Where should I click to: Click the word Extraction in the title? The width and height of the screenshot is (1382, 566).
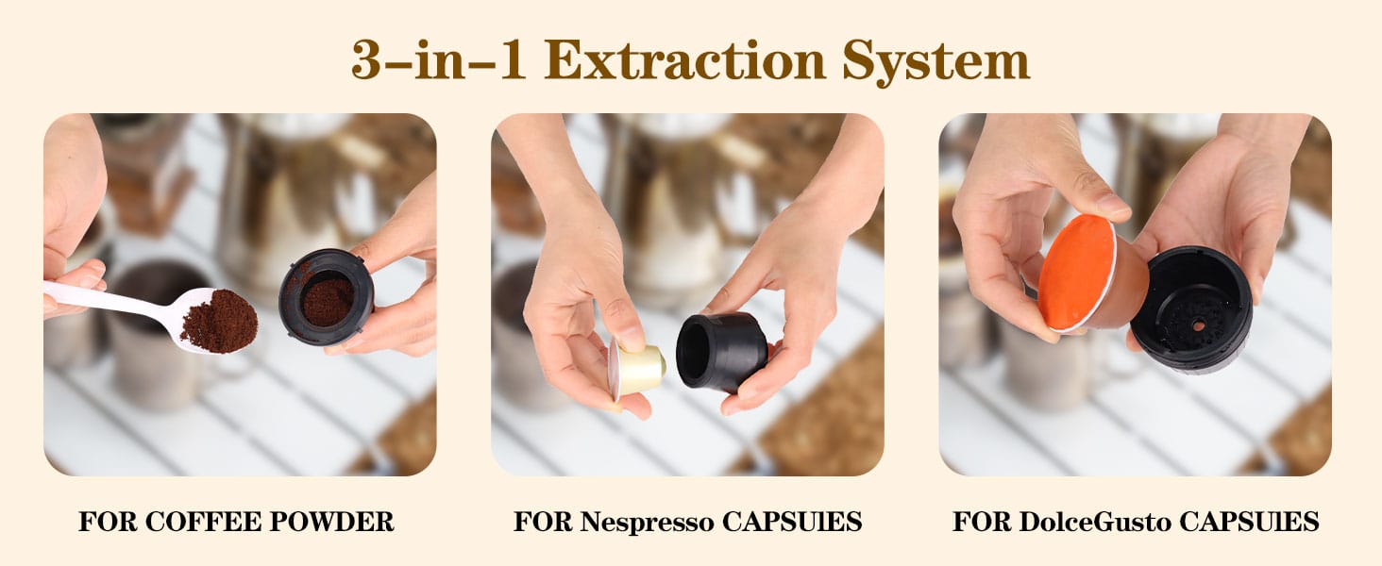[x=684, y=59]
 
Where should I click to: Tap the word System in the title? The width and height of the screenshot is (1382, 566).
[x=936, y=61]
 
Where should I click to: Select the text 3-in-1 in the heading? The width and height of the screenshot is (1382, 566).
[x=439, y=59]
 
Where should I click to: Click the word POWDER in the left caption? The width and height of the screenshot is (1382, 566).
[x=332, y=522]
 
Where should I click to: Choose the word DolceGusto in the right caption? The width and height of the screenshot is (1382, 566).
[x=1094, y=522]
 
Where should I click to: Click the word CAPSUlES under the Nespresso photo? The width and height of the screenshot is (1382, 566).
[x=792, y=522]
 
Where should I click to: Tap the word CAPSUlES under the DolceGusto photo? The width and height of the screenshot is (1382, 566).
[x=1249, y=522]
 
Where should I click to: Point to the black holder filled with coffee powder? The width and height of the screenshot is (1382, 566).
[x=326, y=297]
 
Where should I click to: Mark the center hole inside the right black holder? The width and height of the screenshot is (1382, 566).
[x=1198, y=325]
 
